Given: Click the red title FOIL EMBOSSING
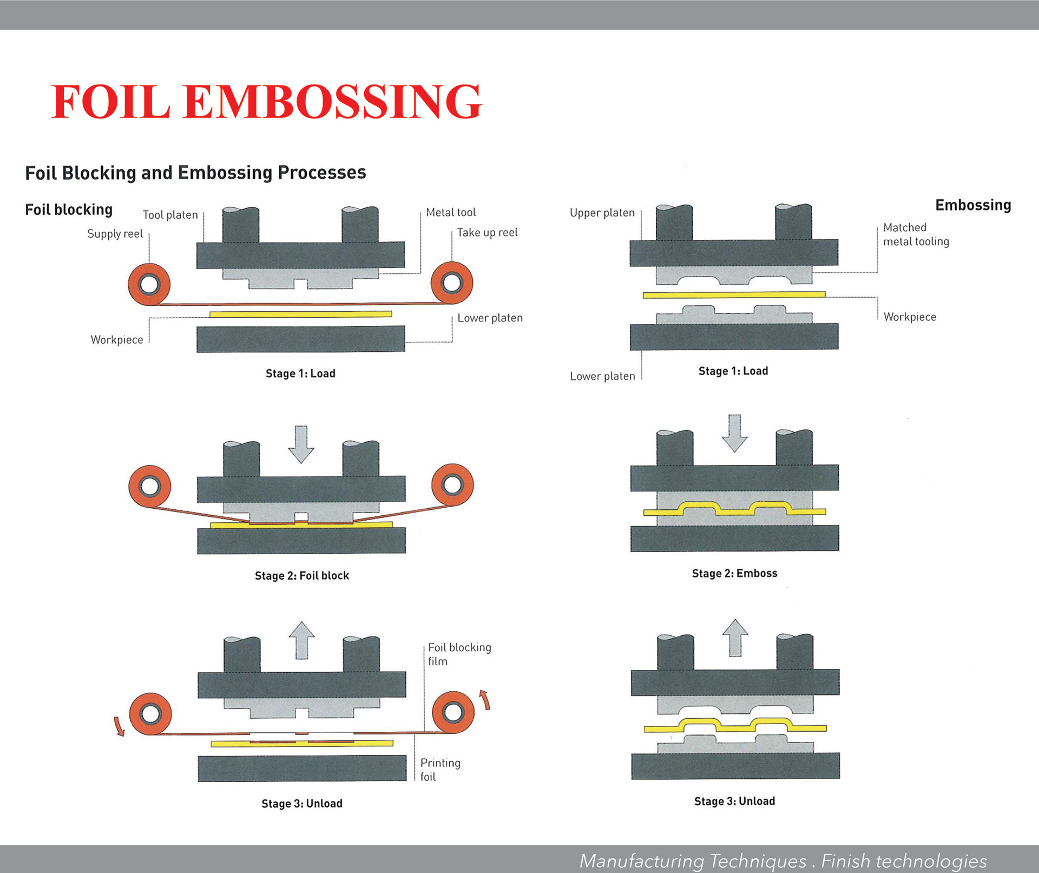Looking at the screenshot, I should click(266, 101).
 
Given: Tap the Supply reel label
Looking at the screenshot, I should click(115, 234).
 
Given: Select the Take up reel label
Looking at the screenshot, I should click(487, 233).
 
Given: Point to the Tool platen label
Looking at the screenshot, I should click(170, 215).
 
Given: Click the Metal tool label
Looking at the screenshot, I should click(451, 212).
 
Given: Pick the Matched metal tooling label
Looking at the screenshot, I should click(916, 234).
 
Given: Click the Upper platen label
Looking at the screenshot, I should click(602, 213).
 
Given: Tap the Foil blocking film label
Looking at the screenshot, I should click(459, 654).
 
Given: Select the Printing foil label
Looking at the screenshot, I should click(440, 770).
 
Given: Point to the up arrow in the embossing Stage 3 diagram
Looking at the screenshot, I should click(735, 637).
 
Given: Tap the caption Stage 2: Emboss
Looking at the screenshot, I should click(734, 573).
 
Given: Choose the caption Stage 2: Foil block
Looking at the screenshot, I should click(301, 575).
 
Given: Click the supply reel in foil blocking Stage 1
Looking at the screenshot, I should click(149, 284).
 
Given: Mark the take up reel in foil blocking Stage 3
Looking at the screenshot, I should click(453, 712).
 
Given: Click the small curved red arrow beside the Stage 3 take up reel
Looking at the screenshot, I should click(485, 699).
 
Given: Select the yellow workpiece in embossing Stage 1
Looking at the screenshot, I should click(734, 295).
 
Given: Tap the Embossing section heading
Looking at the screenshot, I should click(973, 205).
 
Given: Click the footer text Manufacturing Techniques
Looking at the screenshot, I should click(693, 861).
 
